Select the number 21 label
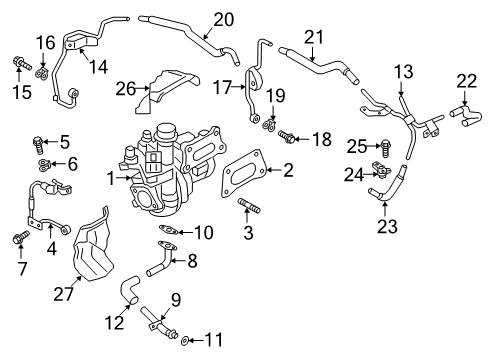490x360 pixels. point(315,38)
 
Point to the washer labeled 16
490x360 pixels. point(43,73)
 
